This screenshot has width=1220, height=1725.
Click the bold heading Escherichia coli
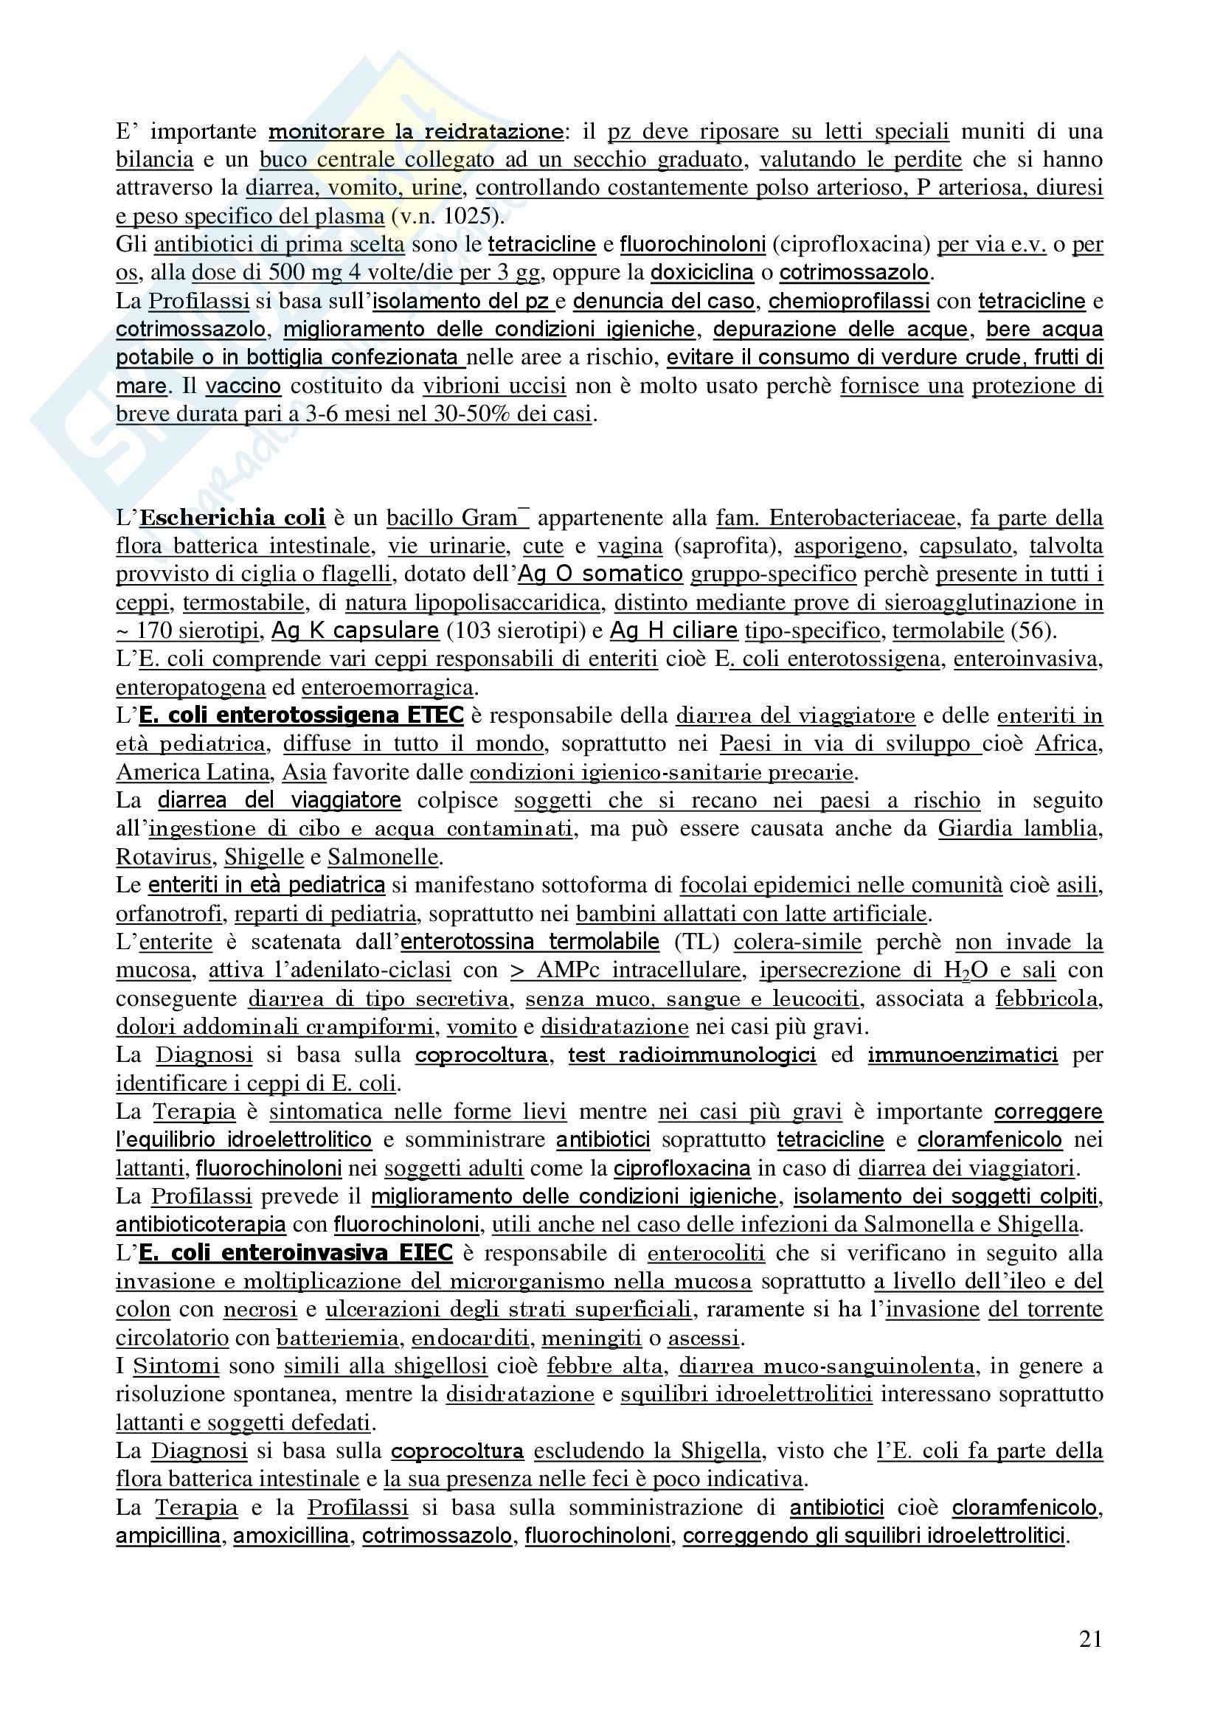click(x=232, y=518)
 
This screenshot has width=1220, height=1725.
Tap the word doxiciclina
click(x=701, y=273)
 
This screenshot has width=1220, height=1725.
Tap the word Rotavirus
click(x=164, y=857)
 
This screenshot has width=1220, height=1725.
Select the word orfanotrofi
click(x=168, y=914)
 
